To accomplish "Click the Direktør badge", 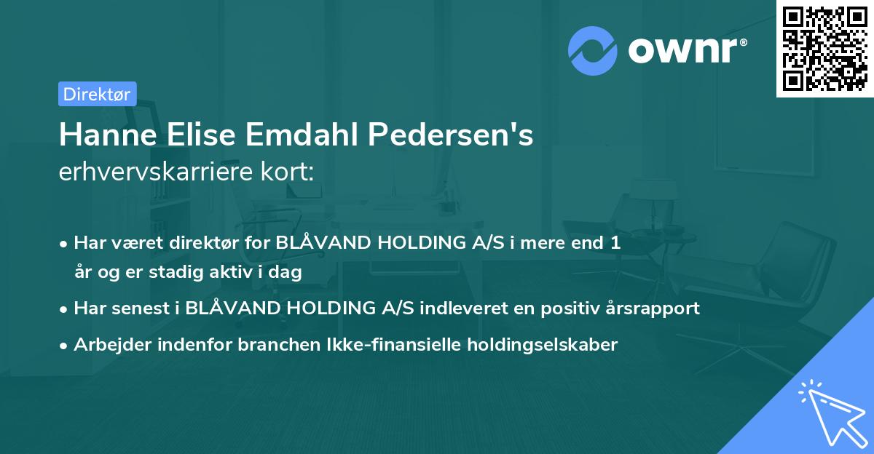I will tap(97, 94).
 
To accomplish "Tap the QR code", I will tap(824, 48).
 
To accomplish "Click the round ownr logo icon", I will tap(593, 50).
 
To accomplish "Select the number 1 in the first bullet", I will tap(615, 243).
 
